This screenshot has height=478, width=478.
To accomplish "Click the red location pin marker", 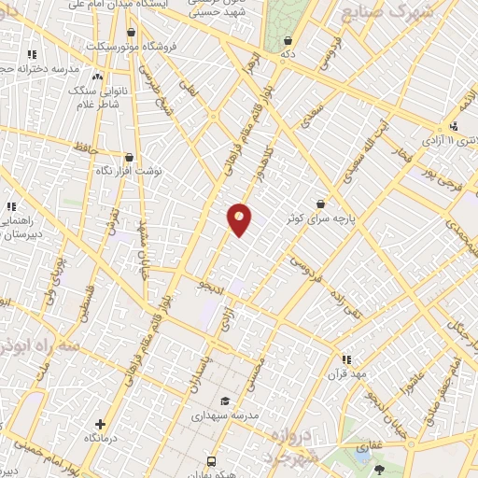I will click(x=239, y=219).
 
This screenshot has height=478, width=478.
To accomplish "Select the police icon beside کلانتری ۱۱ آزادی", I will click(x=453, y=126).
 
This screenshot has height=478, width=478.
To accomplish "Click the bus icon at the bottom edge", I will click(x=212, y=461).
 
